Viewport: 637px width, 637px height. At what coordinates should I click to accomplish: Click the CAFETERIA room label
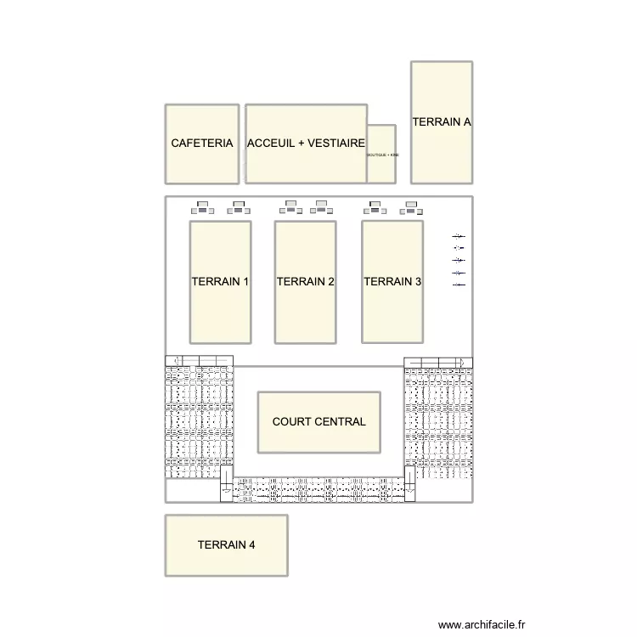click(201, 144)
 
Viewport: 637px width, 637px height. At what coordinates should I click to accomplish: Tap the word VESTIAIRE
click(337, 144)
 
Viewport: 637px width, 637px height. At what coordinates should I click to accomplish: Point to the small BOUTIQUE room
click(382, 155)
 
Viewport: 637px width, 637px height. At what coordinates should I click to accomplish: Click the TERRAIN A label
click(442, 121)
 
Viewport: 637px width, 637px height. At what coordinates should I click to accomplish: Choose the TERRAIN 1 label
click(220, 282)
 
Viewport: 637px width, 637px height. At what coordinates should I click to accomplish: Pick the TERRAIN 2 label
click(306, 282)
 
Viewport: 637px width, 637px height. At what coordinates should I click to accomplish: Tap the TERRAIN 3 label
click(392, 282)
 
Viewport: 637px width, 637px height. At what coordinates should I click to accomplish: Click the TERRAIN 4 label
click(226, 545)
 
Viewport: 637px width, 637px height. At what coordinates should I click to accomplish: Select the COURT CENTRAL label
click(319, 421)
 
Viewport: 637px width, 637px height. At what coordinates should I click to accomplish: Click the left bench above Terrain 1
click(203, 206)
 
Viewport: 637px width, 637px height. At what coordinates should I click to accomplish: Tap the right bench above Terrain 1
click(237, 206)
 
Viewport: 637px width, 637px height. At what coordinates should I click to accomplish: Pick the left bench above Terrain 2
click(290, 206)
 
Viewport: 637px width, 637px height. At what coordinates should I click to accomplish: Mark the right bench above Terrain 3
click(412, 206)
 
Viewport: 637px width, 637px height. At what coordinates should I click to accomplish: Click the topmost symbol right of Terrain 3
click(459, 236)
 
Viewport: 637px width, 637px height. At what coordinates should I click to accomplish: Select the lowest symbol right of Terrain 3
click(459, 285)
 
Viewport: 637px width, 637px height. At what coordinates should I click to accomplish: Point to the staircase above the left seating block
click(199, 361)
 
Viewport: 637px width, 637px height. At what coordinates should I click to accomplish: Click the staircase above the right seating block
click(437, 361)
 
